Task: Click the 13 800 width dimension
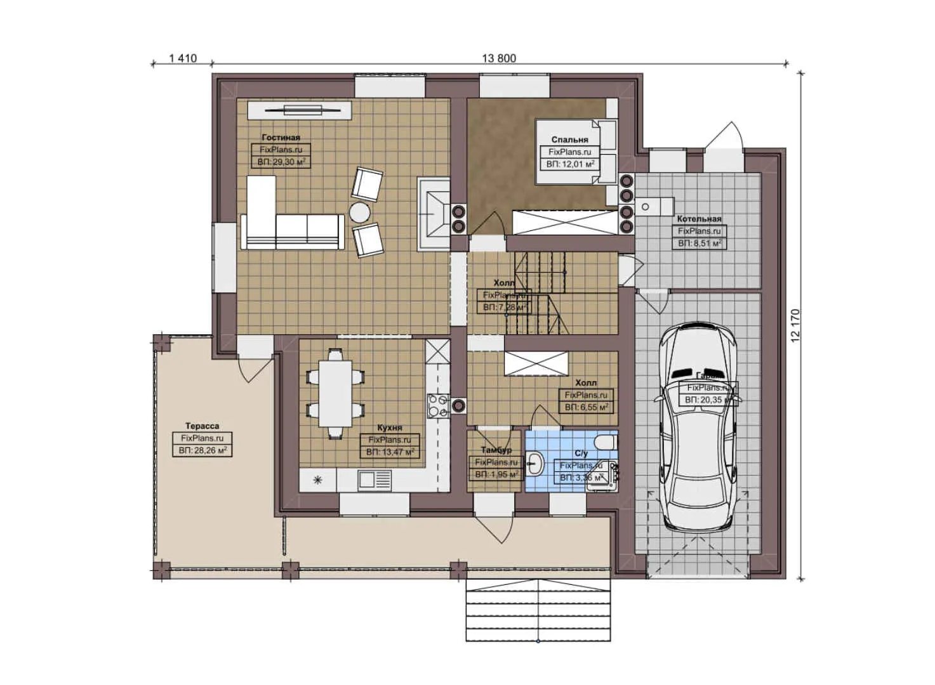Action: [499, 58]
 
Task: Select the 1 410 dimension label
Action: [183, 58]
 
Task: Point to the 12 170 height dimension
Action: [796, 326]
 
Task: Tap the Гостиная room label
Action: [281, 137]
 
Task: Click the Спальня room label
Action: [569, 140]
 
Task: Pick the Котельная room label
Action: [699, 219]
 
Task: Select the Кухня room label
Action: [389, 427]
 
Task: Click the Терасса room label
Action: [202, 426]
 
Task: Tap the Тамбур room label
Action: [496, 450]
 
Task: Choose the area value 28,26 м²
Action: [202, 450]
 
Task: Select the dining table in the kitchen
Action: [335, 394]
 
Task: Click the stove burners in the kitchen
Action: [437, 405]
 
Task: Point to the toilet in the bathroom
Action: [605, 441]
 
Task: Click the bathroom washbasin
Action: [534, 464]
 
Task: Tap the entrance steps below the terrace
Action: [538, 610]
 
